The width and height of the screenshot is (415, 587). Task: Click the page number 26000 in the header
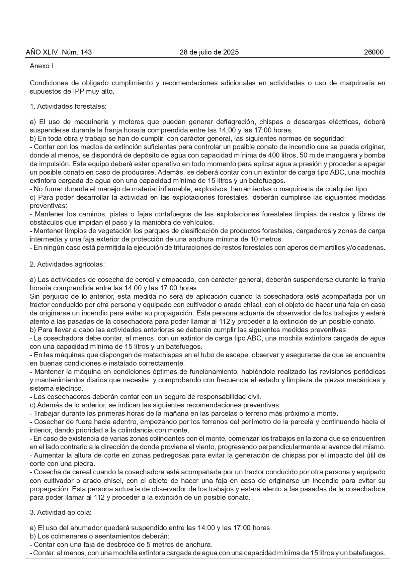[373, 52]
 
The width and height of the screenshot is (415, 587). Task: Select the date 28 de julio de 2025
[209, 52]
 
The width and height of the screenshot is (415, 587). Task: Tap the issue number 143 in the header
[86, 52]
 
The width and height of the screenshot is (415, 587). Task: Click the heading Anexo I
[41, 66]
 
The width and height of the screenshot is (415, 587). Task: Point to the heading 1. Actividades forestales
[68, 106]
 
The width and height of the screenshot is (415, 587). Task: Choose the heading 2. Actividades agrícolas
[67, 264]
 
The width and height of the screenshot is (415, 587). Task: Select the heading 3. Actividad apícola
[61, 512]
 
